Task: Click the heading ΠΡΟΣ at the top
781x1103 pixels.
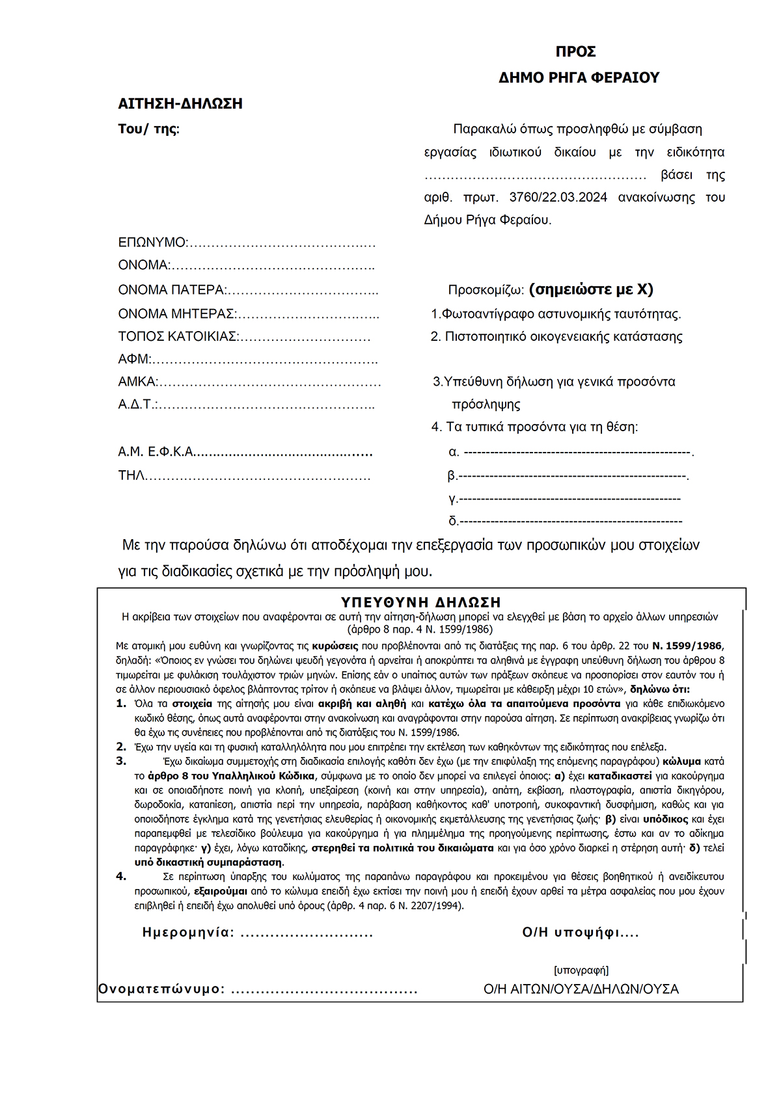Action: click(x=575, y=52)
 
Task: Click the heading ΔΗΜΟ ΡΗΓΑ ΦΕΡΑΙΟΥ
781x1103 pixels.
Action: click(x=579, y=77)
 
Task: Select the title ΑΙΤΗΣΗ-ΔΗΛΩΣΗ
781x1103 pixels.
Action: click(x=180, y=103)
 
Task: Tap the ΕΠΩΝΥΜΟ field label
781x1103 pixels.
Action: click(x=152, y=243)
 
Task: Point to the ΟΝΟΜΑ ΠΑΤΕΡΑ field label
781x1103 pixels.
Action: click(x=171, y=290)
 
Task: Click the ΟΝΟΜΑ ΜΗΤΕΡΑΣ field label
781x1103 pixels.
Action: click(x=176, y=314)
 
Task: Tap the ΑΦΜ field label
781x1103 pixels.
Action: click(x=134, y=359)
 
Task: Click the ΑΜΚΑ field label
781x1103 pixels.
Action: click(x=137, y=382)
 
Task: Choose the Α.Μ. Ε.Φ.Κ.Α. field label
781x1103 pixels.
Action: click(x=156, y=452)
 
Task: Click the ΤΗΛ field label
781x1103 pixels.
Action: click(x=131, y=475)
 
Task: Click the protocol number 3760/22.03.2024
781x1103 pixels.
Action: click(x=558, y=197)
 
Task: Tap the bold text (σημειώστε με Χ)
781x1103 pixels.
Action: click(x=591, y=289)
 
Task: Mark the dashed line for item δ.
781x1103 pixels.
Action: click(x=571, y=521)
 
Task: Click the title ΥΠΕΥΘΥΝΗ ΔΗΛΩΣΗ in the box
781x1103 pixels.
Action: click(x=421, y=602)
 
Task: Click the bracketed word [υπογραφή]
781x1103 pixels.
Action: click(x=581, y=970)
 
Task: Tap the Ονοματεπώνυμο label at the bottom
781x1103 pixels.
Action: click(x=161, y=989)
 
